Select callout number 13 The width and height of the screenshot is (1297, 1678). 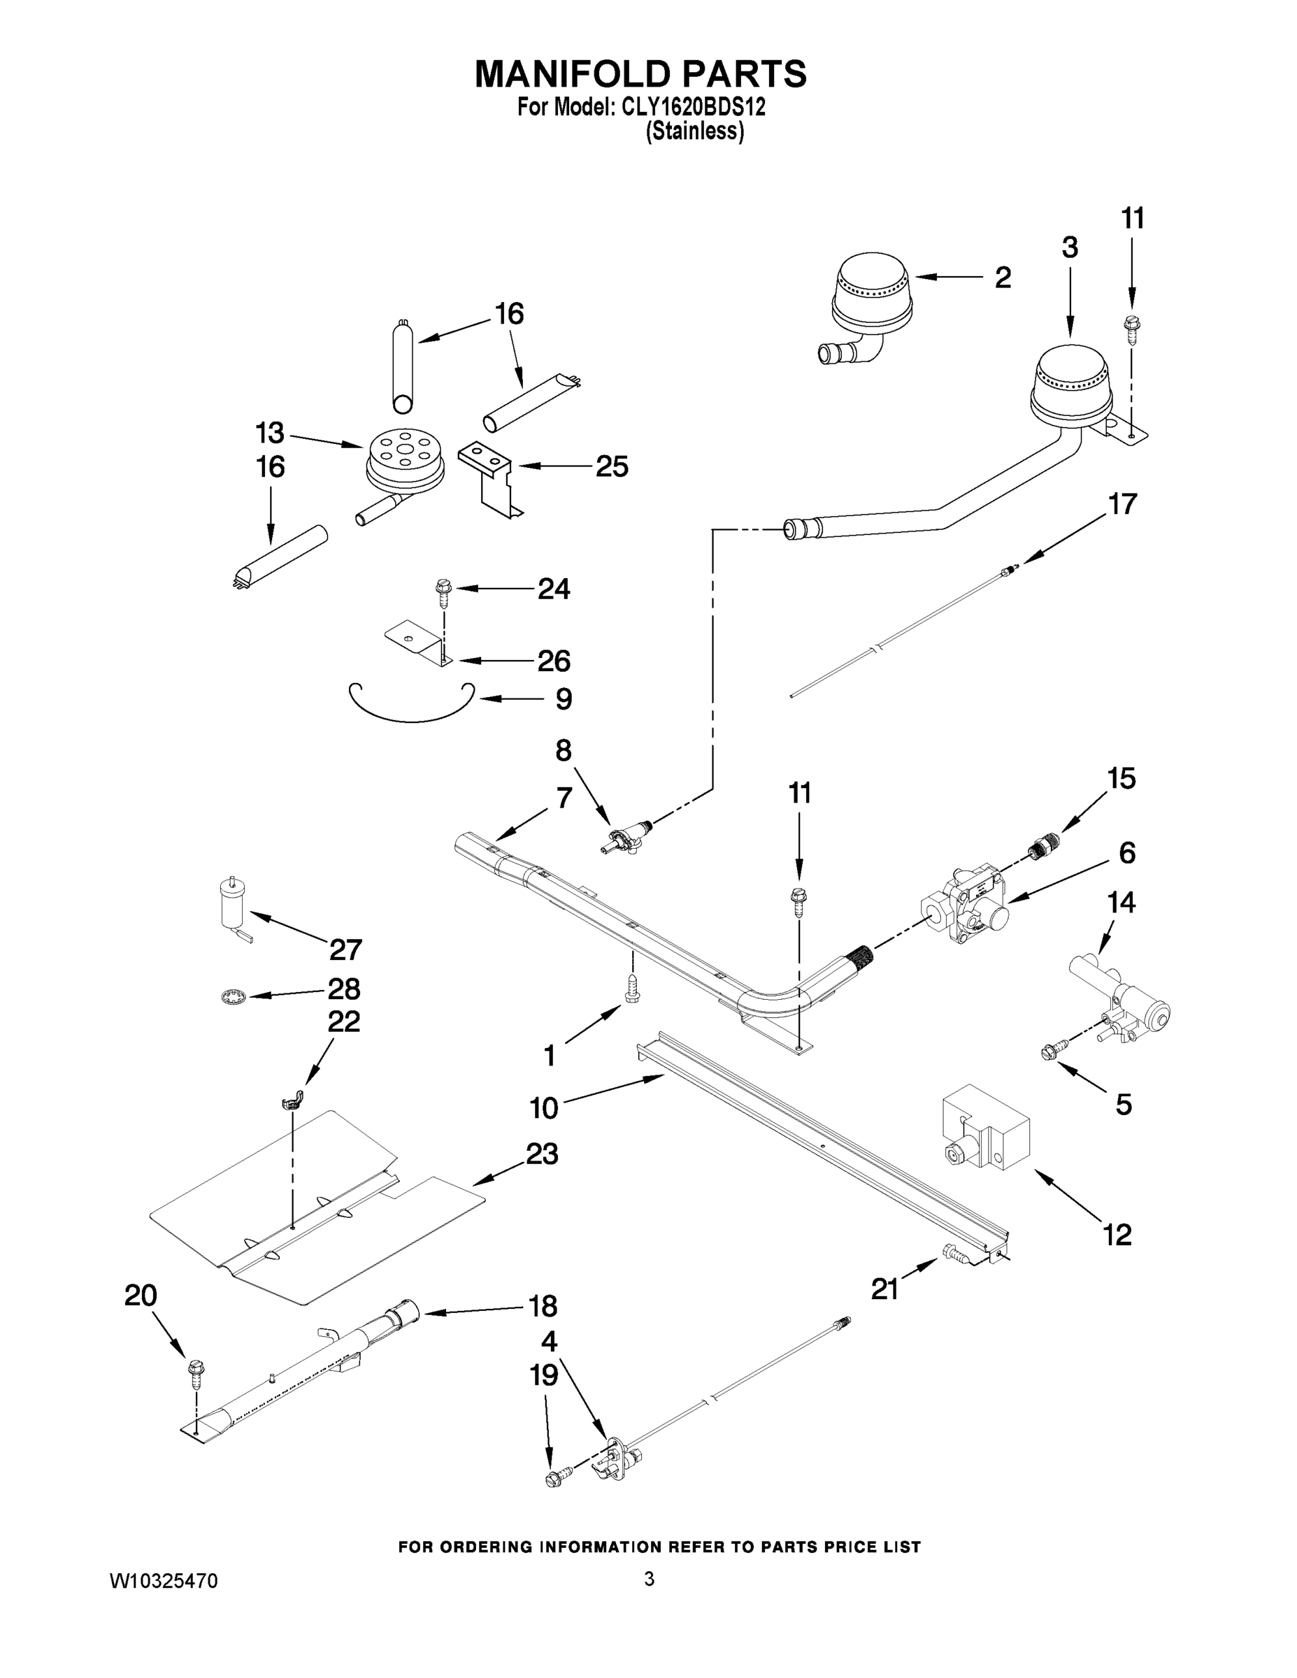(x=270, y=433)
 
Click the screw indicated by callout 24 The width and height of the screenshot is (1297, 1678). (x=443, y=589)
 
